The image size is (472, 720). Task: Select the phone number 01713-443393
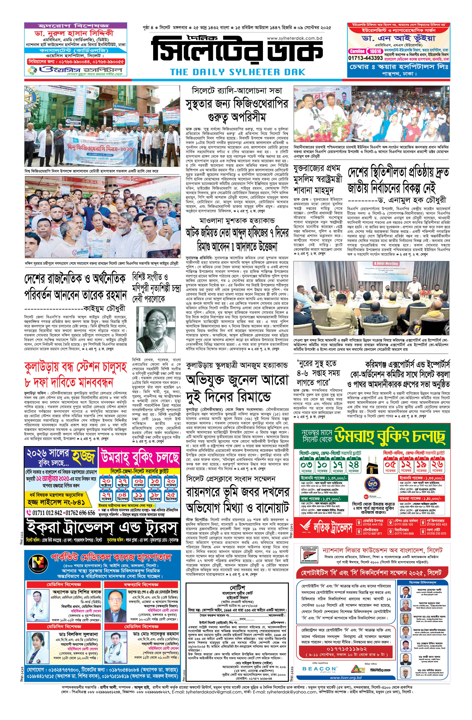(x=366, y=58)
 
